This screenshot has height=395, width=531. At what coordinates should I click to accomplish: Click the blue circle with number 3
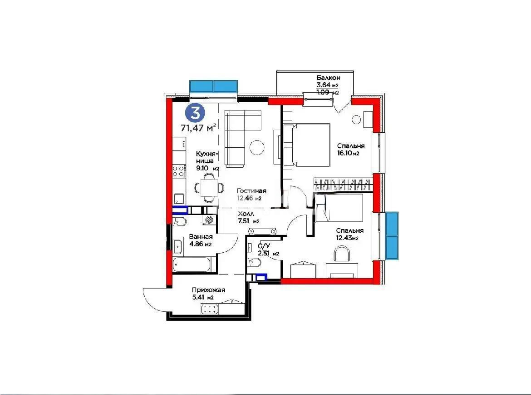(195, 113)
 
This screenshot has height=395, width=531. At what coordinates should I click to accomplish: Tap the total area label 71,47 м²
(198, 128)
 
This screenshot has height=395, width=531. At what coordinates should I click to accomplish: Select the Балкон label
(329, 78)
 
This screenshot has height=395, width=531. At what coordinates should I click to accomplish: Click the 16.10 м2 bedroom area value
(348, 153)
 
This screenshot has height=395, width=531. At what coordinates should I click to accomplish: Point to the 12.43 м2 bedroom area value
(347, 238)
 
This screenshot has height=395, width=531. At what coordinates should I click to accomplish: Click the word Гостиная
(251, 191)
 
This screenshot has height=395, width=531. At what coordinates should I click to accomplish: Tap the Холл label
(246, 214)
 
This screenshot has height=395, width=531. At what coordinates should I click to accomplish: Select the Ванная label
(201, 237)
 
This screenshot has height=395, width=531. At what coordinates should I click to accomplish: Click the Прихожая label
(208, 290)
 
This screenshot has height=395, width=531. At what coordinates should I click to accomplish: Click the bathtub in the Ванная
(192, 265)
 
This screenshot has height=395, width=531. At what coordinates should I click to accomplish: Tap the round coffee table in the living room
(257, 147)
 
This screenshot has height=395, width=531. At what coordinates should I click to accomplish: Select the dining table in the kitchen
(209, 187)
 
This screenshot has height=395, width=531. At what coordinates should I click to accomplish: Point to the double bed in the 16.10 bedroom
(307, 145)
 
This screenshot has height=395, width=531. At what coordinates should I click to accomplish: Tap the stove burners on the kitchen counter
(179, 171)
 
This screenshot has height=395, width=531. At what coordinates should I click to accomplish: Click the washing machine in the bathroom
(209, 220)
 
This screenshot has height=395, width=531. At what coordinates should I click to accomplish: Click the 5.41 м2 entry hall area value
(202, 298)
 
